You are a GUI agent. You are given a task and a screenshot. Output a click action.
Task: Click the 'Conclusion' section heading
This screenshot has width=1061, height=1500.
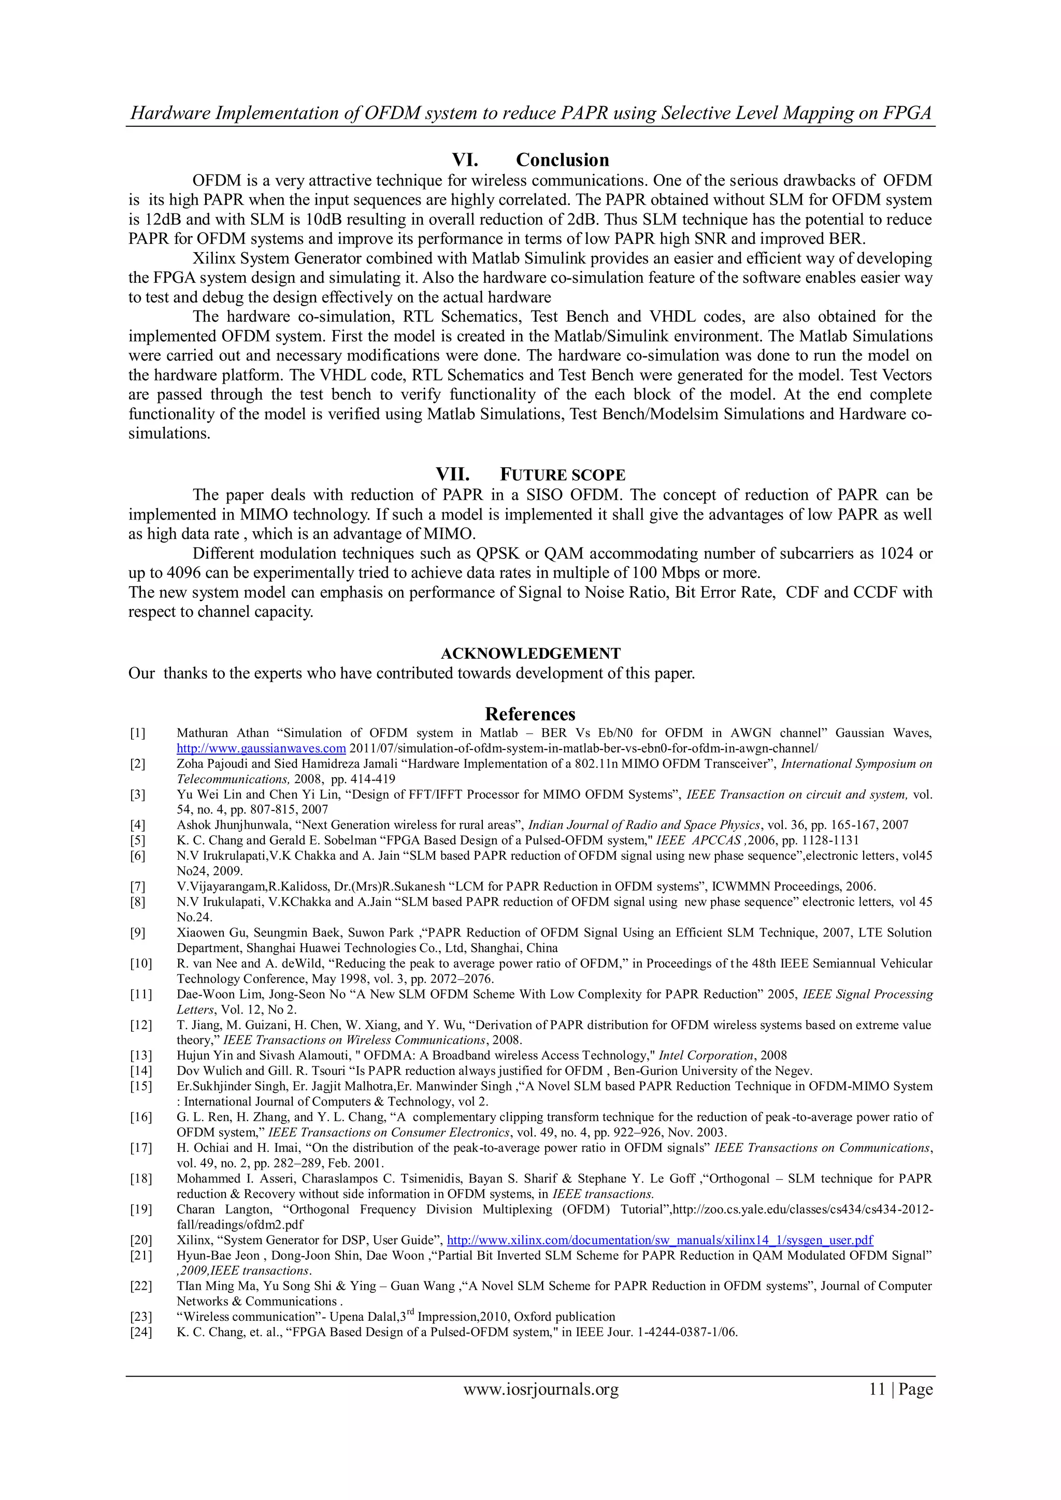(562, 160)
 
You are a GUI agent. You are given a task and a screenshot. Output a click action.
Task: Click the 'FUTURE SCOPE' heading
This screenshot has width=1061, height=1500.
(563, 475)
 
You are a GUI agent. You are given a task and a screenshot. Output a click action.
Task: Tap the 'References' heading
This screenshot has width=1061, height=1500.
(530, 713)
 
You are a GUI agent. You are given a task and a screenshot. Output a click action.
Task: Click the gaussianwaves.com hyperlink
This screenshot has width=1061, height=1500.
(261, 748)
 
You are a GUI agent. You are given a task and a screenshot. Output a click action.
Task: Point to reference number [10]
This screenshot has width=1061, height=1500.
(140, 963)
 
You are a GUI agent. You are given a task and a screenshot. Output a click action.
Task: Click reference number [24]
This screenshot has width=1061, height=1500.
(140, 1332)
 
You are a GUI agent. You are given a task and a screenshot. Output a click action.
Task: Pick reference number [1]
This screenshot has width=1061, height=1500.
(137, 733)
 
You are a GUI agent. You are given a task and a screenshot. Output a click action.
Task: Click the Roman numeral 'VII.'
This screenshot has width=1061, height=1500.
(453, 474)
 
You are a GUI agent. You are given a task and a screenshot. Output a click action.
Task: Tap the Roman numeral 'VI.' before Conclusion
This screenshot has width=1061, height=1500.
(465, 160)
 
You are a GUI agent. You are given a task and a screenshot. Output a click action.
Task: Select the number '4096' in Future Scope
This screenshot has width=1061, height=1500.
(185, 573)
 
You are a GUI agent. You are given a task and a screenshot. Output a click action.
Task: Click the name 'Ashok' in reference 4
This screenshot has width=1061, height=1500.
(193, 825)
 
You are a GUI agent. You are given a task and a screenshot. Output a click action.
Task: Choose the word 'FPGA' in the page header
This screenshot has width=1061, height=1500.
(908, 113)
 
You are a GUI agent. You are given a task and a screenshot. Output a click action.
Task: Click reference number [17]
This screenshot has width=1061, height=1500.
(140, 1148)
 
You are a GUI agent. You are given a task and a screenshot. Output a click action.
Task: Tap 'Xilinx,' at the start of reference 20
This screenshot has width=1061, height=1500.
(195, 1240)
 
